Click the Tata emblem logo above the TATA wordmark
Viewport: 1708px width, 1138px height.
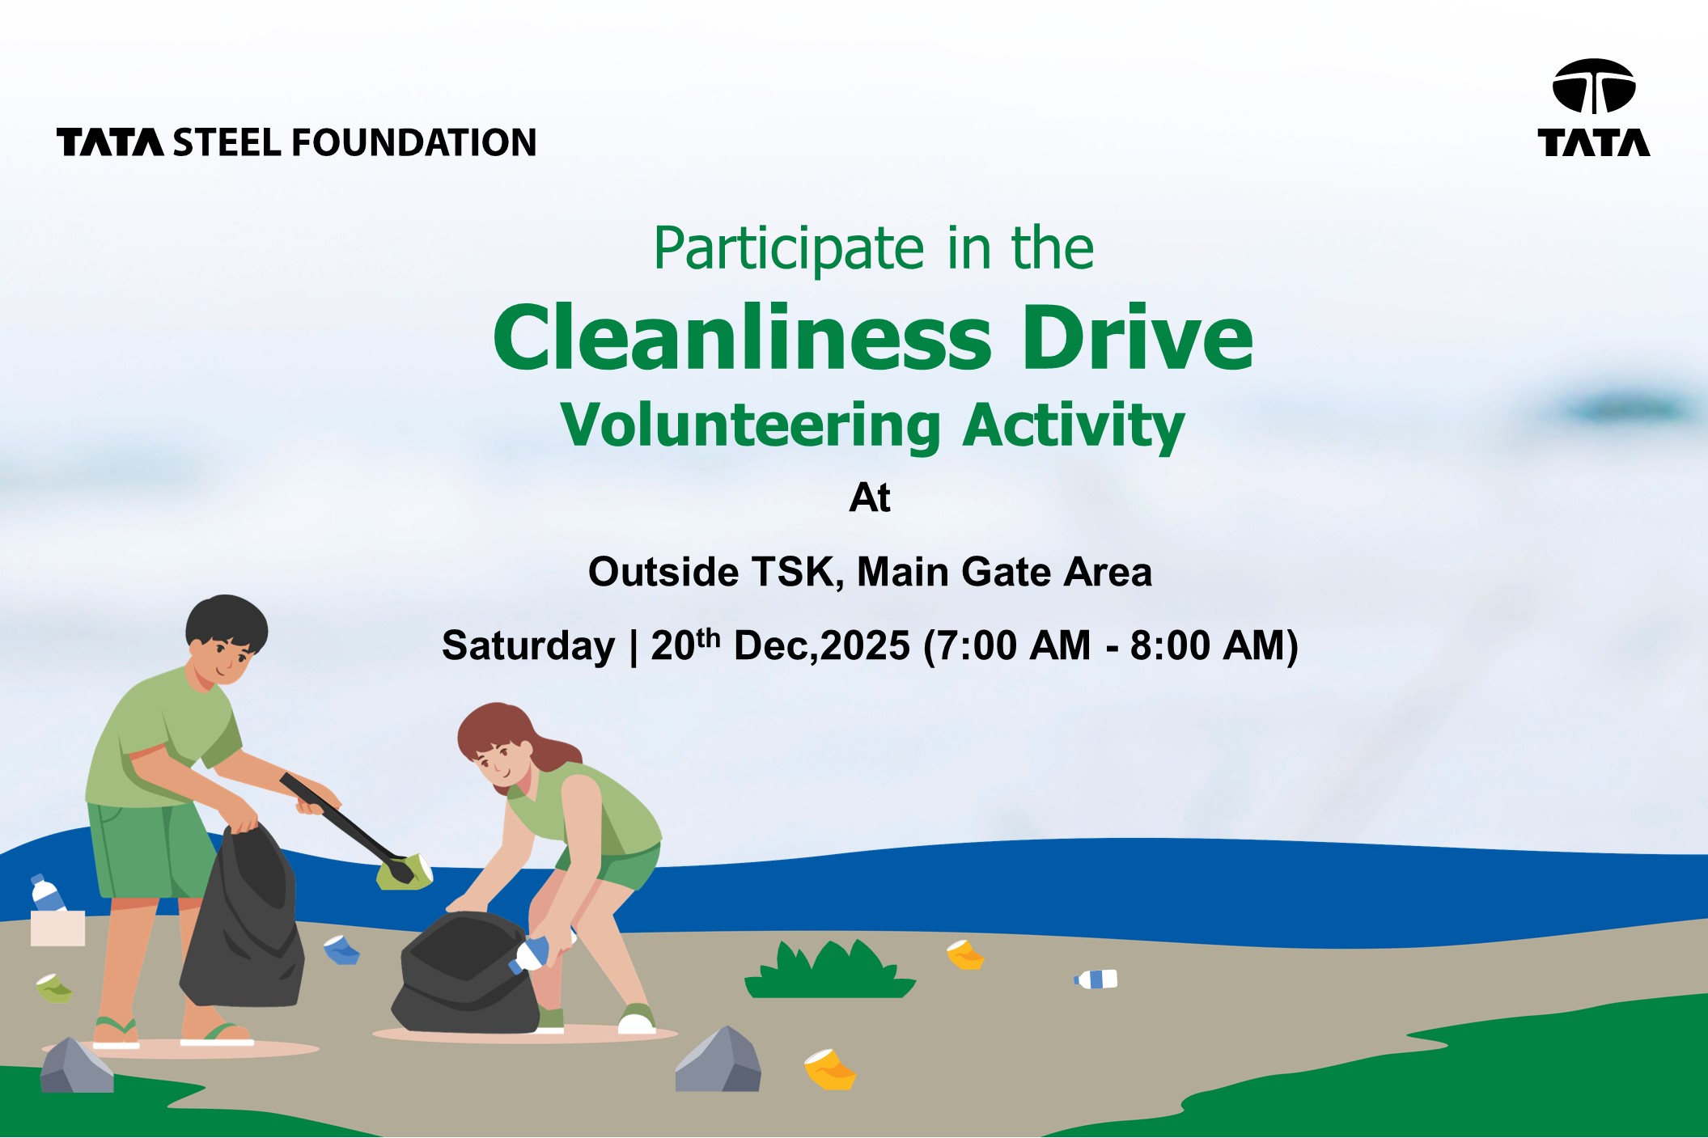click(x=1593, y=86)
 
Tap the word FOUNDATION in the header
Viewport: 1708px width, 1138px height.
click(x=413, y=142)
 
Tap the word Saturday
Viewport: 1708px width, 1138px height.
click(x=528, y=645)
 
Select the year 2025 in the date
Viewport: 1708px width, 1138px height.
click(x=865, y=645)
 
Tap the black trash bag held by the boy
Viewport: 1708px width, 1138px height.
click(x=243, y=918)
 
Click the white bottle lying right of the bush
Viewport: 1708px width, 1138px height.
click(x=1096, y=979)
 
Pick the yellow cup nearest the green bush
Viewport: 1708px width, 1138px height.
click(x=964, y=955)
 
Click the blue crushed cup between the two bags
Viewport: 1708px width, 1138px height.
click(x=341, y=950)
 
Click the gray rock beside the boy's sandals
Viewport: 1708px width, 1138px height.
click(x=76, y=1066)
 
